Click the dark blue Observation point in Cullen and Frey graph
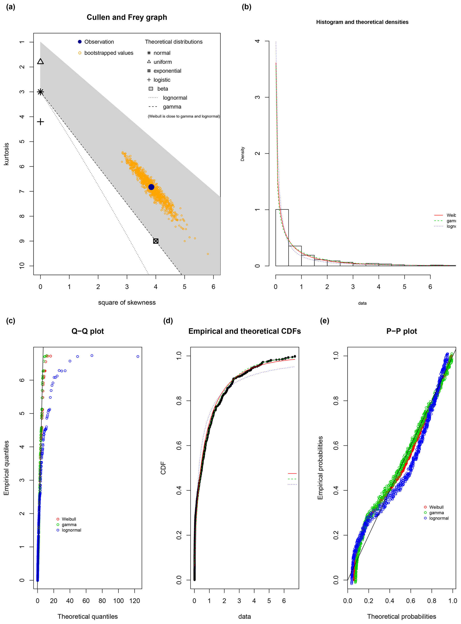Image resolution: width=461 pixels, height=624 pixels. [x=151, y=187]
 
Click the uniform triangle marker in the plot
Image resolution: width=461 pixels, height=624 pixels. [x=40, y=61]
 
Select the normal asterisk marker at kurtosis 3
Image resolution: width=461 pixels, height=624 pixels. [x=40, y=92]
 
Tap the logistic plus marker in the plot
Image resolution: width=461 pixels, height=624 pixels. [x=40, y=122]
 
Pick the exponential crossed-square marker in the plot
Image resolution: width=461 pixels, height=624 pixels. [x=156, y=241]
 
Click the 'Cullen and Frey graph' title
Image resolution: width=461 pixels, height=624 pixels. [x=127, y=17]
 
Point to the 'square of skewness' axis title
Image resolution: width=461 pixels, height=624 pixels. [x=127, y=302]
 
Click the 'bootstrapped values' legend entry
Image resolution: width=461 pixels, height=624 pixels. [x=109, y=53]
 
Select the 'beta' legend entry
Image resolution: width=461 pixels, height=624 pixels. [x=162, y=89]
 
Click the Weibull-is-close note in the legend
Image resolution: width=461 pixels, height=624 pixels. [x=184, y=116]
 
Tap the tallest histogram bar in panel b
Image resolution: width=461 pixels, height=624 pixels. [x=282, y=238]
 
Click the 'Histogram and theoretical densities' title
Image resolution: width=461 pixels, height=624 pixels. [x=362, y=22]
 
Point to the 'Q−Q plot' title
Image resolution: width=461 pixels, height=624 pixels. [x=88, y=331]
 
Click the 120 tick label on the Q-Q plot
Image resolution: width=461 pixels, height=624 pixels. [x=134, y=601]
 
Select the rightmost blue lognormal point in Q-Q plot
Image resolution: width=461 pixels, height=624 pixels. [x=138, y=357]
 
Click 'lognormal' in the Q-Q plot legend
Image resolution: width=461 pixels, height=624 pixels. [x=71, y=530]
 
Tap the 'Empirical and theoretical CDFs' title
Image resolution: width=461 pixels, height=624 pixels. [x=244, y=331]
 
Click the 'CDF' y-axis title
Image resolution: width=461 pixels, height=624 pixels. [x=163, y=468]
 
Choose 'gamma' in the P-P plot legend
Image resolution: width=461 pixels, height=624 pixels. [x=436, y=513]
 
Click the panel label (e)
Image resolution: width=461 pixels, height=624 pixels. [x=325, y=321]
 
